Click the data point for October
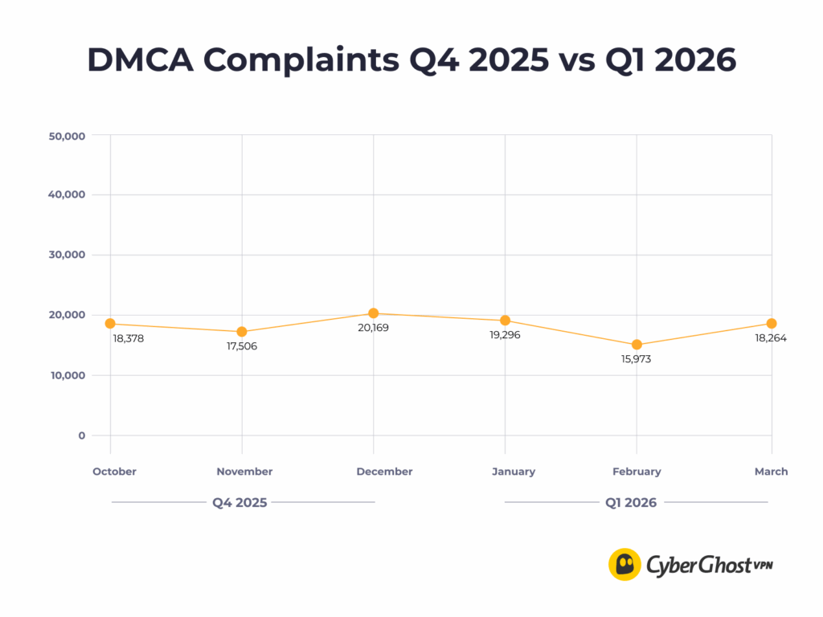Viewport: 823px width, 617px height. click(x=110, y=324)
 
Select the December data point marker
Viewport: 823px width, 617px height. click(x=374, y=313)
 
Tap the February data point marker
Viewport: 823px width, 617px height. click(x=637, y=345)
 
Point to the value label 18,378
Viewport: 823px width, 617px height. click(x=129, y=338)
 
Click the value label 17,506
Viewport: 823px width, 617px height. click(x=242, y=346)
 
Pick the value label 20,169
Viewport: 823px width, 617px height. click(x=373, y=328)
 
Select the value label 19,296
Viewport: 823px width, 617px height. click(x=505, y=334)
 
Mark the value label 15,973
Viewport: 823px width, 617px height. click(x=636, y=359)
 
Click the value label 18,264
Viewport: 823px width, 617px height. click(x=771, y=338)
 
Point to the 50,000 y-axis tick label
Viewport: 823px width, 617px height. click(x=67, y=136)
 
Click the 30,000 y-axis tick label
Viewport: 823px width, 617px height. click(x=67, y=255)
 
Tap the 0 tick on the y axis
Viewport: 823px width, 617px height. click(x=81, y=435)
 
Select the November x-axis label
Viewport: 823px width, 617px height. click(x=244, y=472)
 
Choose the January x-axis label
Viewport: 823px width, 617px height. click(x=514, y=472)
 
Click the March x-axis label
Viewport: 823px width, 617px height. click(x=771, y=472)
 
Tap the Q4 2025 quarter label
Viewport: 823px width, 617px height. click(x=240, y=503)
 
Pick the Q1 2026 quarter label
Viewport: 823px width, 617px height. click(x=631, y=503)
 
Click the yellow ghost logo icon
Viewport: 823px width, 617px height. click(x=624, y=565)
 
